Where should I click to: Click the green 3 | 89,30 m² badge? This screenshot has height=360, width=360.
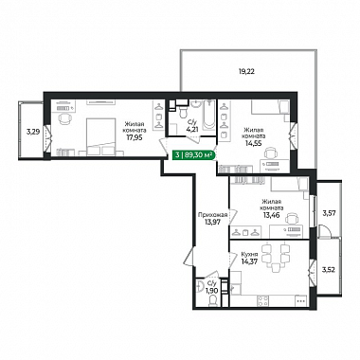193,154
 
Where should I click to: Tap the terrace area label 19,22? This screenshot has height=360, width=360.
246,71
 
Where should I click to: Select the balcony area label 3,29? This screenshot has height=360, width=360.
33,132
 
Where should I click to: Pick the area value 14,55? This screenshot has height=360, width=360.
253,143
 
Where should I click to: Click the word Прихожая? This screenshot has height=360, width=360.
212,215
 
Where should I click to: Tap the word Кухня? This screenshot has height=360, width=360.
249,255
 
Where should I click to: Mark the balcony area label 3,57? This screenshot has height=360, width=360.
329,213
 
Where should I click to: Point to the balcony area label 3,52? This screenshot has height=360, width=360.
328,270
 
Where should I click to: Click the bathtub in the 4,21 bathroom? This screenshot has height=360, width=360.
208,116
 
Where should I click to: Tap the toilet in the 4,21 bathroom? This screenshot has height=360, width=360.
183,109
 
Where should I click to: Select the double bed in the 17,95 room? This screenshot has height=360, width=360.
100,136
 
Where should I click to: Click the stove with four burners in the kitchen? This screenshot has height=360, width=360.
262,300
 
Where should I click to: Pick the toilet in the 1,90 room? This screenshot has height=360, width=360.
213,300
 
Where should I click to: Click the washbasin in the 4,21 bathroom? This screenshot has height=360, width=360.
196,104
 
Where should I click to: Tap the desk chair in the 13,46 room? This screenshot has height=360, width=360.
292,219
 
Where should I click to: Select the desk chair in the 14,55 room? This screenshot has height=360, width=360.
271,153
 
